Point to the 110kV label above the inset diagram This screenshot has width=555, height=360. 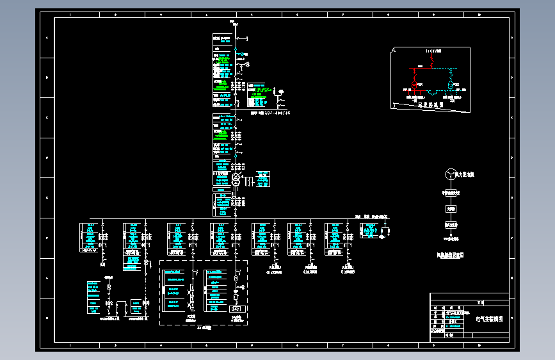pyautogui.click(x=433, y=50)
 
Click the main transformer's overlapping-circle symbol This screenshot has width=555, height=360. pyautogui.click(x=236, y=180)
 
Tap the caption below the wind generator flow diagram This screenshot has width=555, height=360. pyautogui.click(x=450, y=255)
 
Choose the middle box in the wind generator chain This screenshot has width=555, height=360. pyautogui.click(x=451, y=208)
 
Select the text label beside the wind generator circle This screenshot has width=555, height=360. pyautogui.click(x=465, y=174)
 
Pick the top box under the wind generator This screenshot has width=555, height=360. pyautogui.click(x=451, y=192)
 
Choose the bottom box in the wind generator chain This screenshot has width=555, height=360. pyautogui.click(x=451, y=225)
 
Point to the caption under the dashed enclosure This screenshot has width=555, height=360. pyautogui.click(x=204, y=327)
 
